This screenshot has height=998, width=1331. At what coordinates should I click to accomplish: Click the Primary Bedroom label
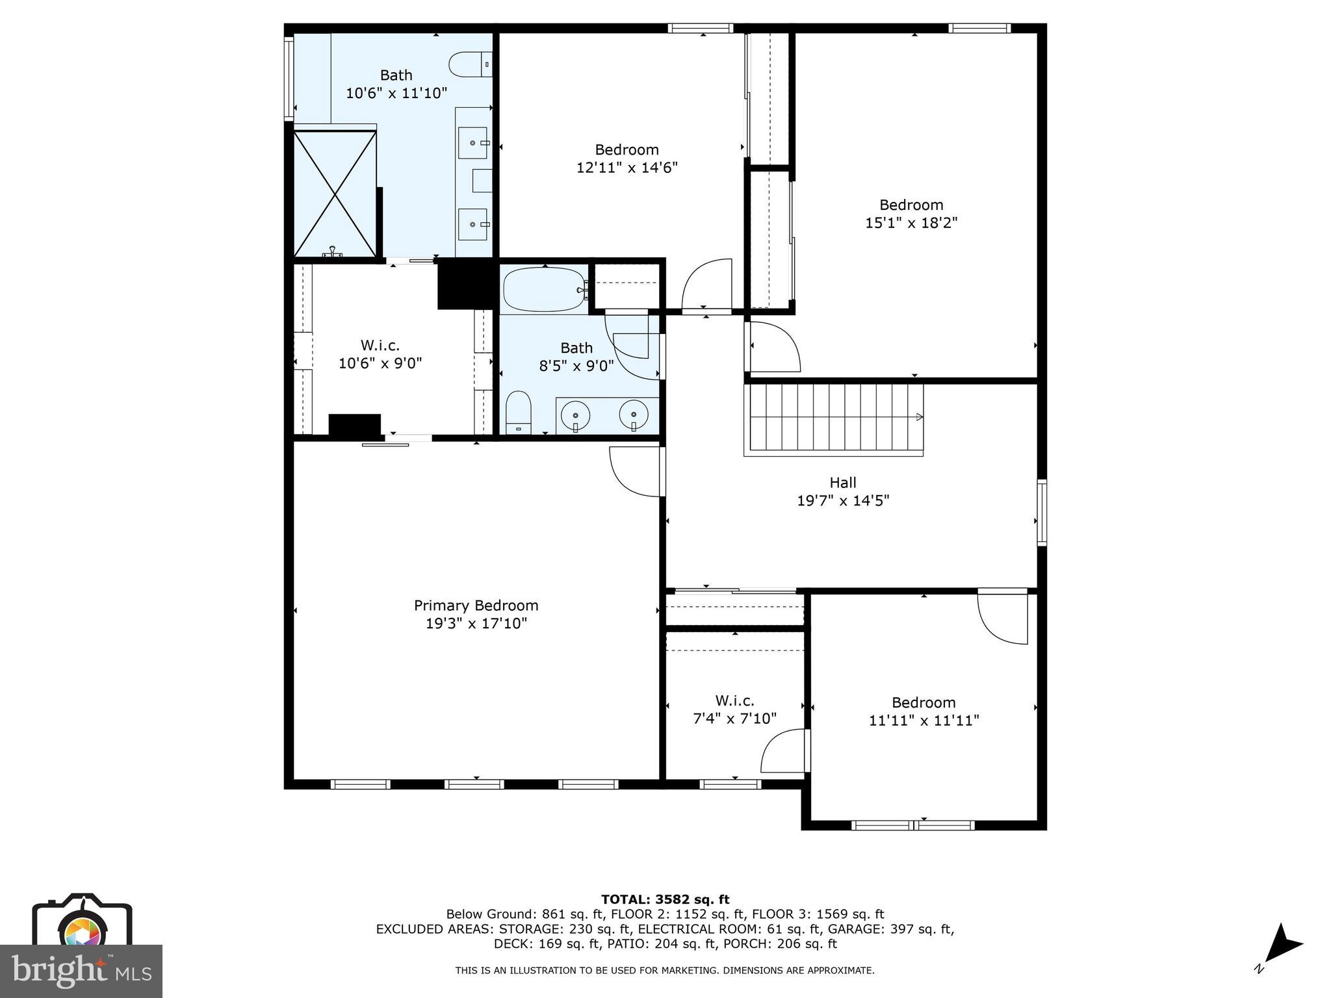476,606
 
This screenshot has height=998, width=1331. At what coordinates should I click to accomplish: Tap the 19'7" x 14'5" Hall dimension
843,500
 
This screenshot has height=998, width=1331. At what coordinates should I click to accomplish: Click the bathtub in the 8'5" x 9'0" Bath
544,290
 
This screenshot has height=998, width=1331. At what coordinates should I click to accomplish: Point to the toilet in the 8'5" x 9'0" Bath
519,412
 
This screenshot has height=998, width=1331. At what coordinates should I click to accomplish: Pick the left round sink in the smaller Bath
575,414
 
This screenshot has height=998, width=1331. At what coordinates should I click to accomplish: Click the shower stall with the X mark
335,194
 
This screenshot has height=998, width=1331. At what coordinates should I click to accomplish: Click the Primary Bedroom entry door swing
636,471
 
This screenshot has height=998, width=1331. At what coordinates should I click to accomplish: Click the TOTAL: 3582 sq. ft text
665,899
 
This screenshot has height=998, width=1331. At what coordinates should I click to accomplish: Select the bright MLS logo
81,971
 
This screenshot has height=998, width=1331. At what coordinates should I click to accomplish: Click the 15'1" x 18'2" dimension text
911,223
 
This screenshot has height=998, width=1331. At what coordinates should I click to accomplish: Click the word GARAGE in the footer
852,929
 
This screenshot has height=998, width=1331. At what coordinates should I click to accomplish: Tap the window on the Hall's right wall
1041,512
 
